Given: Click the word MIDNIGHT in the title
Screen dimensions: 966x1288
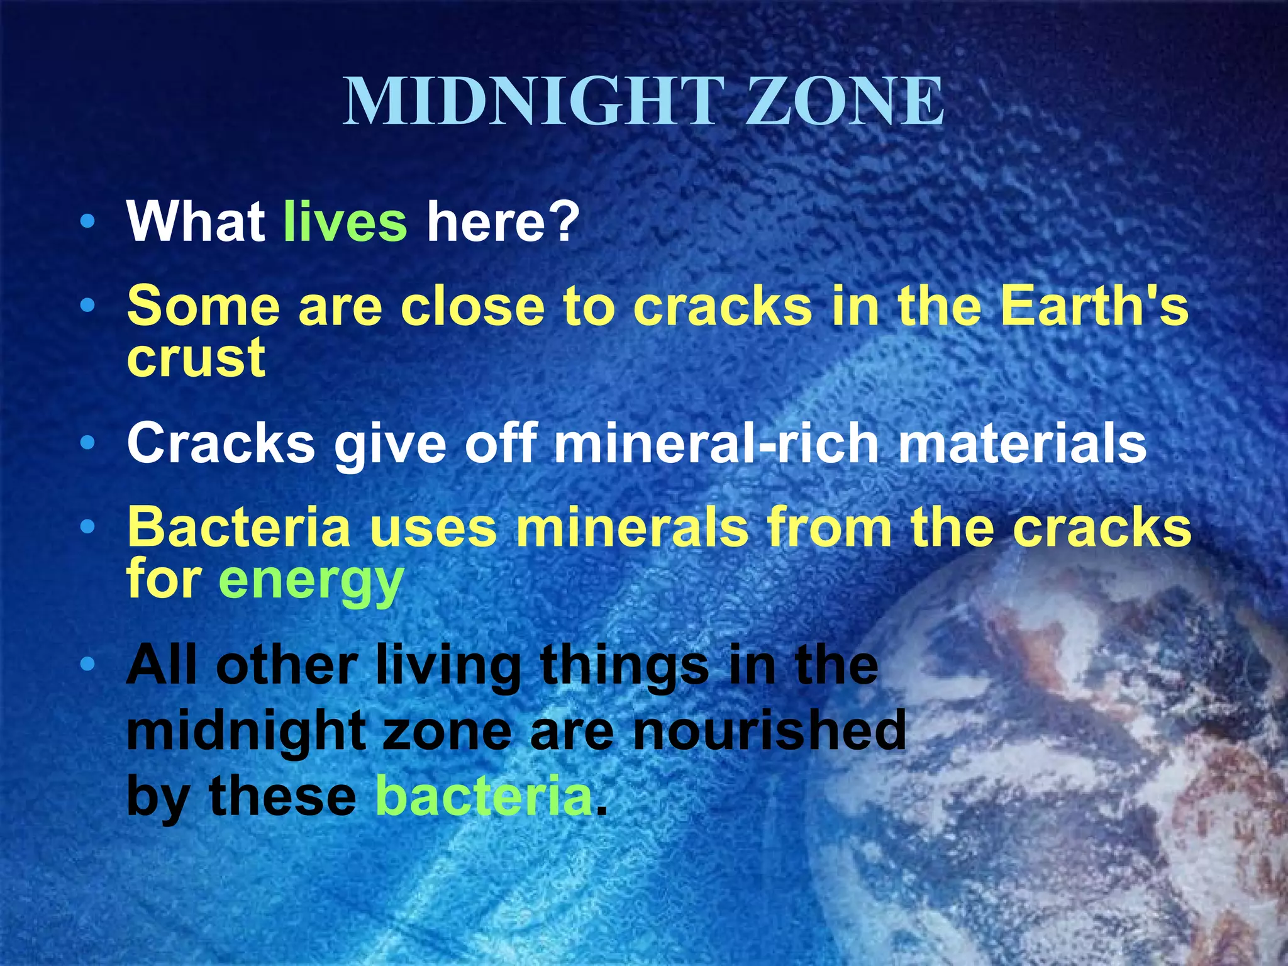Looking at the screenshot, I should click(532, 102).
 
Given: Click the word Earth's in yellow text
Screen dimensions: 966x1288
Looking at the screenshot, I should click(1094, 306).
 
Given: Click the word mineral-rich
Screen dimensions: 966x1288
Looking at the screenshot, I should click(716, 443).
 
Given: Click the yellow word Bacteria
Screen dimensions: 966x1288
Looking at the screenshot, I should click(238, 527).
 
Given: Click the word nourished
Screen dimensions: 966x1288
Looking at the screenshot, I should click(769, 730).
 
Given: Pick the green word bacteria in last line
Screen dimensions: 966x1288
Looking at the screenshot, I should click(484, 796).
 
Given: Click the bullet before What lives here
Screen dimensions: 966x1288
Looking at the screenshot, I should click(88, 221).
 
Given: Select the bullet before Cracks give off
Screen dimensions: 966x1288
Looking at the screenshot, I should click(88, 443).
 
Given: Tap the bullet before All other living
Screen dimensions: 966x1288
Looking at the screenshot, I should click(88, 663).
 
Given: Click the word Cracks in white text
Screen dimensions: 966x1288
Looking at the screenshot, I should click(221, 443).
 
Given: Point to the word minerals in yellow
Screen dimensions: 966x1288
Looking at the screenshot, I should click(632, 527).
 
